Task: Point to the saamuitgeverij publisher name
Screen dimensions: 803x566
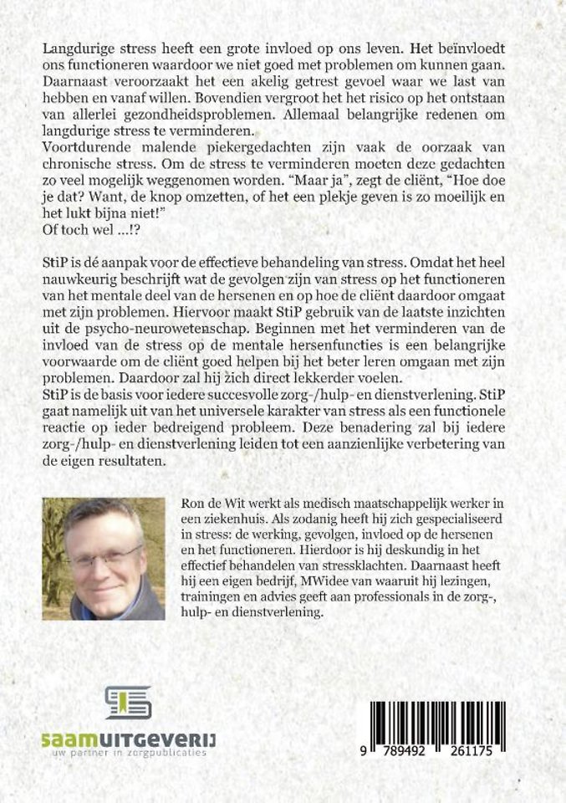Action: click(x=128, y=739)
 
